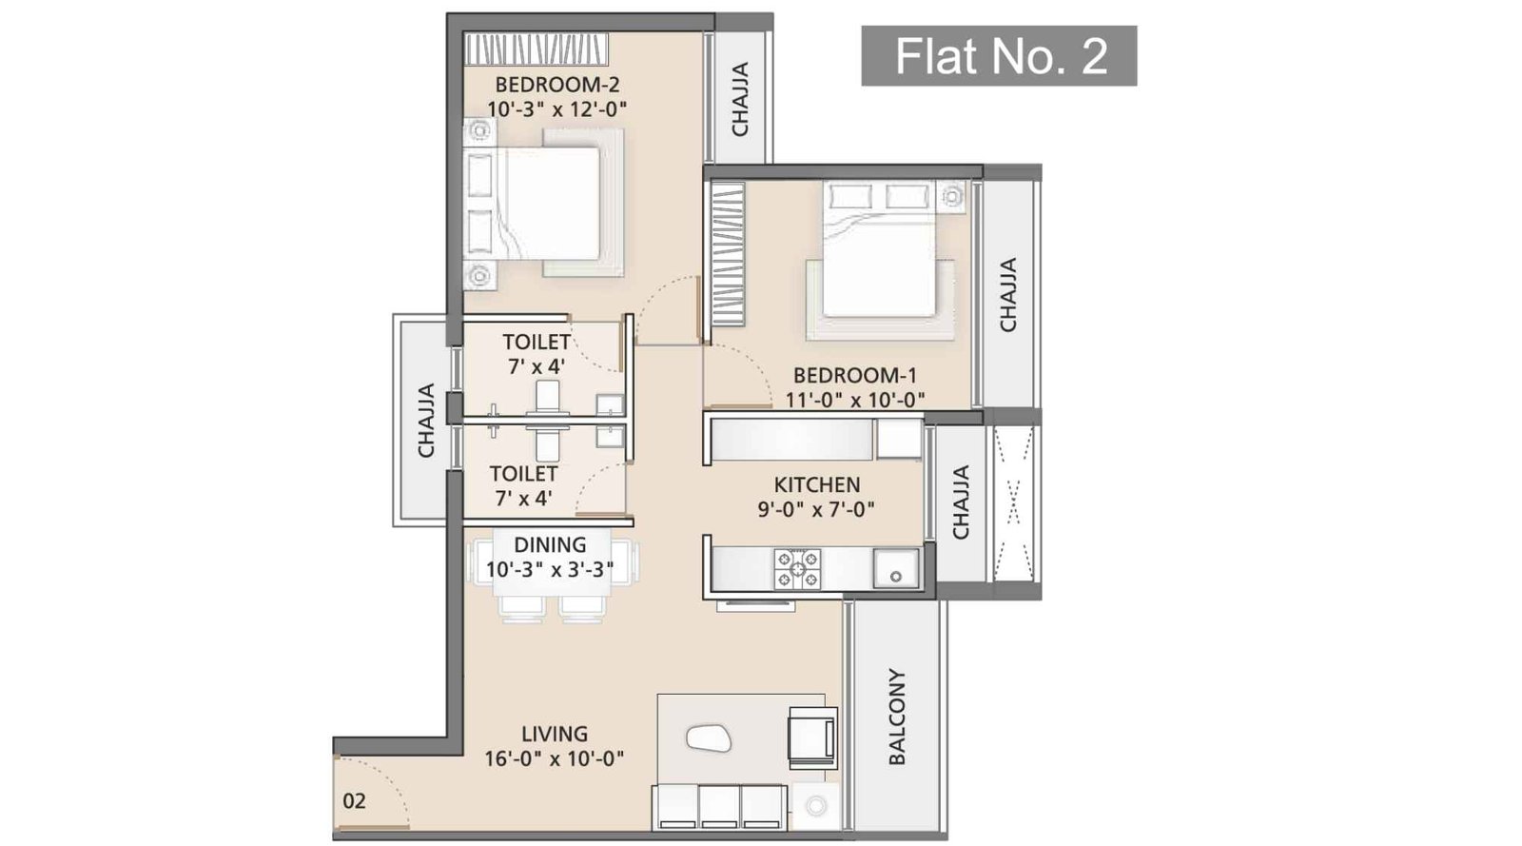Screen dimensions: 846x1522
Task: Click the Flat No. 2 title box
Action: point(999,56)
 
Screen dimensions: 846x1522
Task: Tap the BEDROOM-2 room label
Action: point(557,85)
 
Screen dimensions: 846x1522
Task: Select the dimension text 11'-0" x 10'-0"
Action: point(855,400)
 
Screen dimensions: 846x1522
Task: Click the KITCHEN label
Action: point(817,484)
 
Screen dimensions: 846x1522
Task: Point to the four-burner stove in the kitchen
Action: point(797,568)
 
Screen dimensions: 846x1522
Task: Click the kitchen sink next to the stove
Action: point(895,568)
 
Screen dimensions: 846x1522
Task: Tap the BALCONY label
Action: point(897,717)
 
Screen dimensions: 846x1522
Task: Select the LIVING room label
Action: point(555,734)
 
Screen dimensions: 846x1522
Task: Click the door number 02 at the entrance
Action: point(354,800)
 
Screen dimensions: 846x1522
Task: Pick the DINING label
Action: point(550,545)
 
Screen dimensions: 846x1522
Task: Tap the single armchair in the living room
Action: point(811,736)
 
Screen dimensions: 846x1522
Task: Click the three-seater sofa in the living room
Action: point(720,807)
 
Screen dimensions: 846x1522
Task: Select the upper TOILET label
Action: point(537,342)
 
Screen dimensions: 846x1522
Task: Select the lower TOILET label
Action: point(523,473)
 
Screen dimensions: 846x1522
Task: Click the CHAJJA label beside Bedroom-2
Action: point(740,99)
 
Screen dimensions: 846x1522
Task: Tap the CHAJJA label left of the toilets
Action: point(426,420)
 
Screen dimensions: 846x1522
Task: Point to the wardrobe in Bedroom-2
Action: point(537,49)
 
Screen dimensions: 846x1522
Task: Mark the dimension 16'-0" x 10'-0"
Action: point(555,758)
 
